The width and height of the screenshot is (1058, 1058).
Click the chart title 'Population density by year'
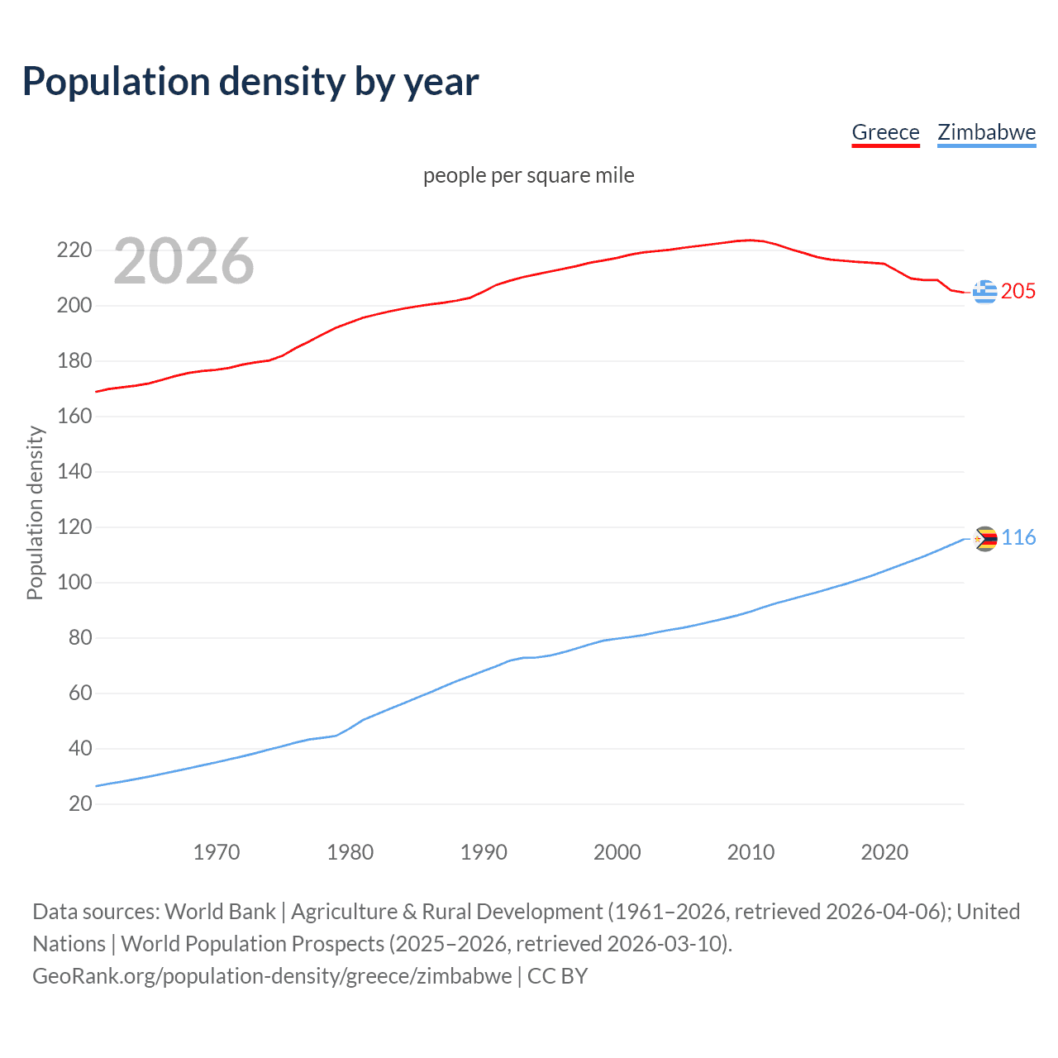[250, 82]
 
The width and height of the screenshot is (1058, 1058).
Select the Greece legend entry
[885, 132]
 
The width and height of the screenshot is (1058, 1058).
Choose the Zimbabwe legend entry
[986, 132]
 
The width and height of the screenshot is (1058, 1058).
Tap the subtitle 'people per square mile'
[528, 175]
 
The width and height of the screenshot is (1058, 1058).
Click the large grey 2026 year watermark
[183, 261]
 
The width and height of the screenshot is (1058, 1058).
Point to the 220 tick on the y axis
[74, 250]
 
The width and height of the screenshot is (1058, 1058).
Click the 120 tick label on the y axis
[74, 527]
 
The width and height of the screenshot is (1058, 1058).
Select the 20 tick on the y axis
[80, 803]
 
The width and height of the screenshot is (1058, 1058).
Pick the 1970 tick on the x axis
[217, 851]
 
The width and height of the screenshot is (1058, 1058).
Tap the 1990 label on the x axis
[484, 851]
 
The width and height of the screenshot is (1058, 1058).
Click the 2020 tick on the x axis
[884, 851]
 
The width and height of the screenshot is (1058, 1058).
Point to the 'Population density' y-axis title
[35, 512]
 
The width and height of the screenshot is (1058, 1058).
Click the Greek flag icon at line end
[984, 292]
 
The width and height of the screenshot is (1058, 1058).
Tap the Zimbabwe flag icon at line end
[984, 539]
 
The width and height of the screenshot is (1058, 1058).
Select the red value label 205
[1018, 291]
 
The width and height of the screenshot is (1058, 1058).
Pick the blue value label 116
[1018, 538]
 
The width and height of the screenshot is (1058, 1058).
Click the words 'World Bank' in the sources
[220, 911]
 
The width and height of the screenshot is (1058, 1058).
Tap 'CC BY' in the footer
[557, 975]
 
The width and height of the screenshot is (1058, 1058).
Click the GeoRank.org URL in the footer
[272, 975]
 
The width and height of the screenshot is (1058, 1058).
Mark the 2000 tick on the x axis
[617, 851]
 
